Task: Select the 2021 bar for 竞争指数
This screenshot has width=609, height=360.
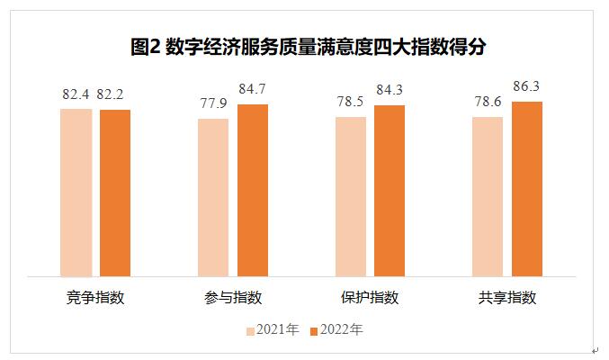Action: [x=76, y=191]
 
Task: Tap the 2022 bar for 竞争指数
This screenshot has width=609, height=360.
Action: [x=115, y=192]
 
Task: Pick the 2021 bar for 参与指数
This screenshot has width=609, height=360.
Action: [x=213, y=196]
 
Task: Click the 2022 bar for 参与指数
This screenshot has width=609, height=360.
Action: [x=253, y=189]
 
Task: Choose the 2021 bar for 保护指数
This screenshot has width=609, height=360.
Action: [x=351, y=195]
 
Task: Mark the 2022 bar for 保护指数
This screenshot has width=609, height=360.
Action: [x=390, y=190]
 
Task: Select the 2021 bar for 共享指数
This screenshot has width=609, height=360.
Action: [x=488, y=195]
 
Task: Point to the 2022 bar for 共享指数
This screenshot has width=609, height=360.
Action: [x=527, y=187]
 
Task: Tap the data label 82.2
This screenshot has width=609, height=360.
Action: [x=116, y=94]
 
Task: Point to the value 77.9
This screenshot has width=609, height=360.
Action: [x=213, y=103]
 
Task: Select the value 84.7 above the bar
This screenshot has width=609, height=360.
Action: [x=253, y=88]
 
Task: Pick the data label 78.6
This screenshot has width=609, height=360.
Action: [x=488, y=102]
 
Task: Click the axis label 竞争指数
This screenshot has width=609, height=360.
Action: [x=95, y=298]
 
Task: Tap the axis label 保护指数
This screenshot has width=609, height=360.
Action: [x=370, y=298]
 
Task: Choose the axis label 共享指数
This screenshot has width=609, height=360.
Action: [x=507, y=298]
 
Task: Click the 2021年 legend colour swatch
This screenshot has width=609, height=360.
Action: [x=251, y=330]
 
